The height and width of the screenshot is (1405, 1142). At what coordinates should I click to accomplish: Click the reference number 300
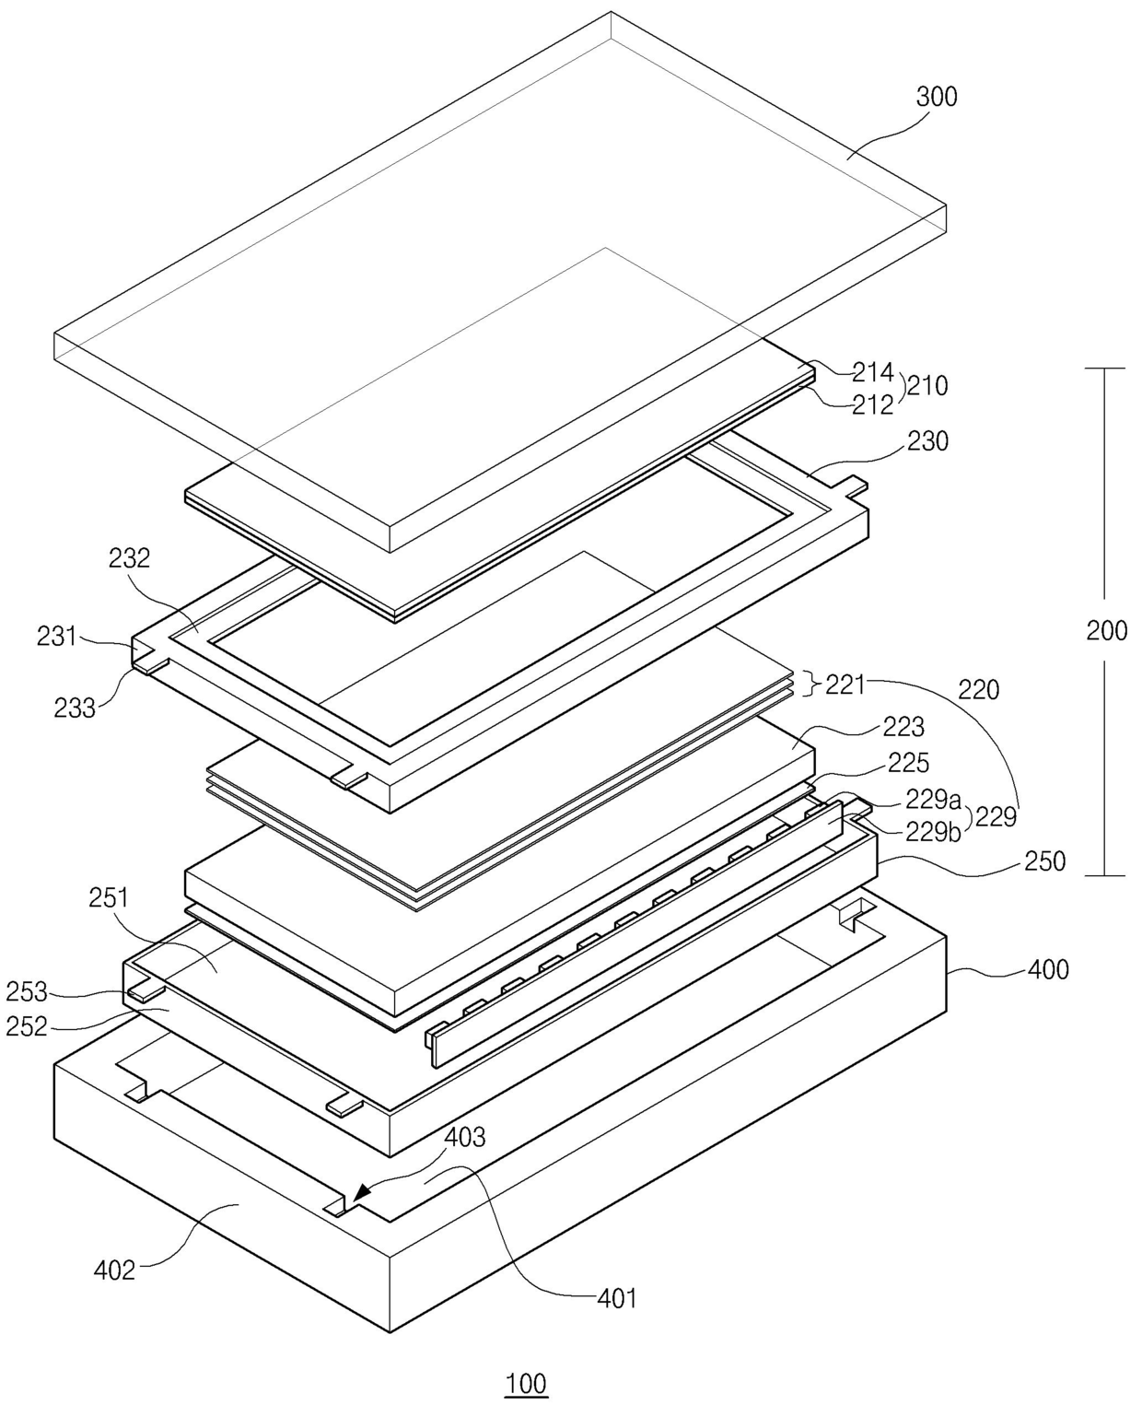click(x=937, y=97)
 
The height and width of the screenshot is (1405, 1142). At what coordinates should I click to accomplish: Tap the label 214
click(x=872, y=372)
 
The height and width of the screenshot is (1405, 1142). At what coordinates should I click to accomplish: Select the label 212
click(x=872, y=404)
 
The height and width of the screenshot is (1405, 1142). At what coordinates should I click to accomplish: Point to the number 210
click(x=926, y=386)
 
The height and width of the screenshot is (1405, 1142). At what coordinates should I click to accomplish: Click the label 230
click(x=927, y=441)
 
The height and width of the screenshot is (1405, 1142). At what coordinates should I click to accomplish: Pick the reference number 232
click(x=128, y=558)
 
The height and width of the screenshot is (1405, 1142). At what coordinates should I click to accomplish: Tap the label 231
click(x=56, y=636)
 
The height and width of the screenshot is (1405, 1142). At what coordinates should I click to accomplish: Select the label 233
click(x=74, y=708)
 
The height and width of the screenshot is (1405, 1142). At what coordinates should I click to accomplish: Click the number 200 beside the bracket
click(x=1106, y=631)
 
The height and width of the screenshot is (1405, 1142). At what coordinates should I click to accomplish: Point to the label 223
click(x=903, y=728)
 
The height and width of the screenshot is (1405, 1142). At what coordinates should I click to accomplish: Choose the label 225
click(x=908, y=763)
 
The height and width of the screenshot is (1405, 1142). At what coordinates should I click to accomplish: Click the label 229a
click(x=933, y=799)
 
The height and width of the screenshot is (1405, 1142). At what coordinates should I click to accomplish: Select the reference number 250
click(x=1044, y=861)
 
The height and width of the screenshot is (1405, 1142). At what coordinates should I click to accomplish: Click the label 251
click(x=109, y=897)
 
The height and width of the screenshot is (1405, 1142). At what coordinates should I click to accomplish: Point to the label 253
click(x=27, y=992)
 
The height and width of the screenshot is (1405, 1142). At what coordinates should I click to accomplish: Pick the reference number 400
click(x=1048, y=969)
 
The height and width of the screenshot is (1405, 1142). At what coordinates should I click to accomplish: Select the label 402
click(x=115, y=1271)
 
